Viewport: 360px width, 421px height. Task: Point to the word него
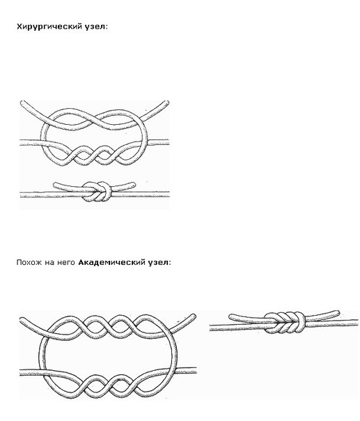(x=66, y=263)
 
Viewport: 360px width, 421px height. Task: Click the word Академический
(x=112, y=262)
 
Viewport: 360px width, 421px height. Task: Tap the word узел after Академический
(x=158, y=263)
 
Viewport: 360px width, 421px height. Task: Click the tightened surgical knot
(x=96, y=192)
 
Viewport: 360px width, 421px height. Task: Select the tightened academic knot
(x=285, y=323)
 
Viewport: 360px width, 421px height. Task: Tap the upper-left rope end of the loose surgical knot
(x=22, y=103)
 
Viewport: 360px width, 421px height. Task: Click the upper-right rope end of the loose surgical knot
(x=167, y=102)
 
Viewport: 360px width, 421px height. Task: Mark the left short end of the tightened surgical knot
(x=55, y=185)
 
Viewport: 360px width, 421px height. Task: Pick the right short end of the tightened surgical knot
(x=134, y=184)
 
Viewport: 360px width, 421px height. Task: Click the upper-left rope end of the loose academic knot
(x=22, y=320)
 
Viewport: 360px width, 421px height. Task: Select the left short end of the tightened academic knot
(x=230, y=316)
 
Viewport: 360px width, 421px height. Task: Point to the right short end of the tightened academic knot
(x=337, y=312)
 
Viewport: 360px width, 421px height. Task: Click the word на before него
(x=49, y=263)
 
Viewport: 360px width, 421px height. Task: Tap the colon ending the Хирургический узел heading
(x=107, y=28)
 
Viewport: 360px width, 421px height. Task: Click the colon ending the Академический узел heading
(x=170, y=263)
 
